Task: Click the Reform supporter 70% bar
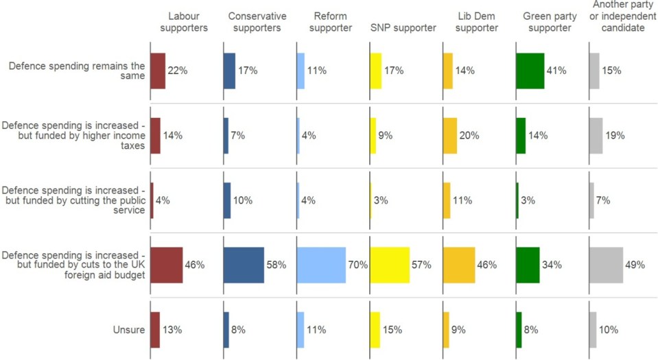[x=321, y=265]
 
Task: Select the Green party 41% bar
[x=530, y=71]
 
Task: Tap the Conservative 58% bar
[x=244, y=265]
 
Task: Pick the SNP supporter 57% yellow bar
[x=390, y=265]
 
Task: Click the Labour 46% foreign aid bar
[x=167, y=265]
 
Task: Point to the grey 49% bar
[x=606, y=265]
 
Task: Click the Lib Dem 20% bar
[x=450, y=135]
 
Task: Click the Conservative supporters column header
[x=257, y=22]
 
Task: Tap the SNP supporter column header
[x=403, y=28]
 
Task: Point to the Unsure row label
[x=129, y=330]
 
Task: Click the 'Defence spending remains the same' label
[x=76, y=71]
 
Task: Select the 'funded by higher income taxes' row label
[x=73, y=135]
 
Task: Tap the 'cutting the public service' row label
[x=73, y=200]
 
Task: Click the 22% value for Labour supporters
[x=178, y=71]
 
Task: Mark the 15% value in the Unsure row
[x=393, y=330]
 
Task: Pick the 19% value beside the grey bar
[x=615, y=135]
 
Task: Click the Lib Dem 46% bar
[x=459, y=265]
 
